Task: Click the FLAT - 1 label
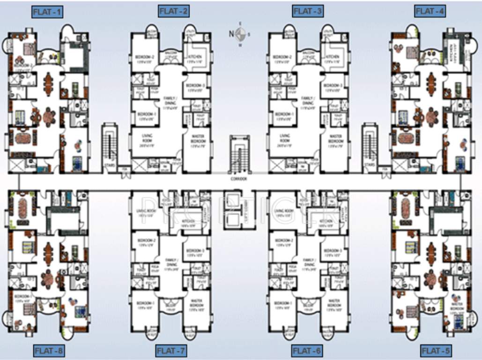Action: [x=47, y=12]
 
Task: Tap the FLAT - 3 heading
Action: [x=307, y=11]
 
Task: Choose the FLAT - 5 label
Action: [x=436, y=350]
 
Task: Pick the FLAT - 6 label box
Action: [x=307, y=350]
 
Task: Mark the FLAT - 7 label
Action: [x=172, y=350]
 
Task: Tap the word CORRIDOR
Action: [x=240, y=179]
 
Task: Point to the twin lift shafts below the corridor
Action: [x=239, y=209]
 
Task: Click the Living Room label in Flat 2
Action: [x=141, y=138]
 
